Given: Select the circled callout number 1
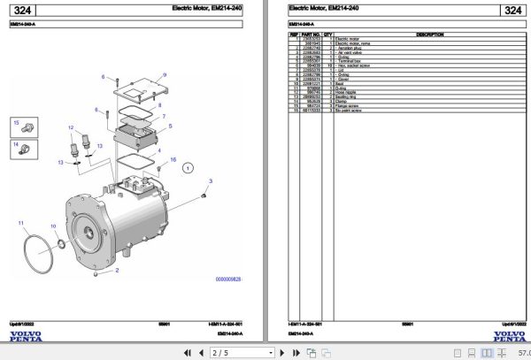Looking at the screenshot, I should point(187,166).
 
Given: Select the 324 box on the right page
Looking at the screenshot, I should point(512,11).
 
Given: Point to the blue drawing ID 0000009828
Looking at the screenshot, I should point(227,279).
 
